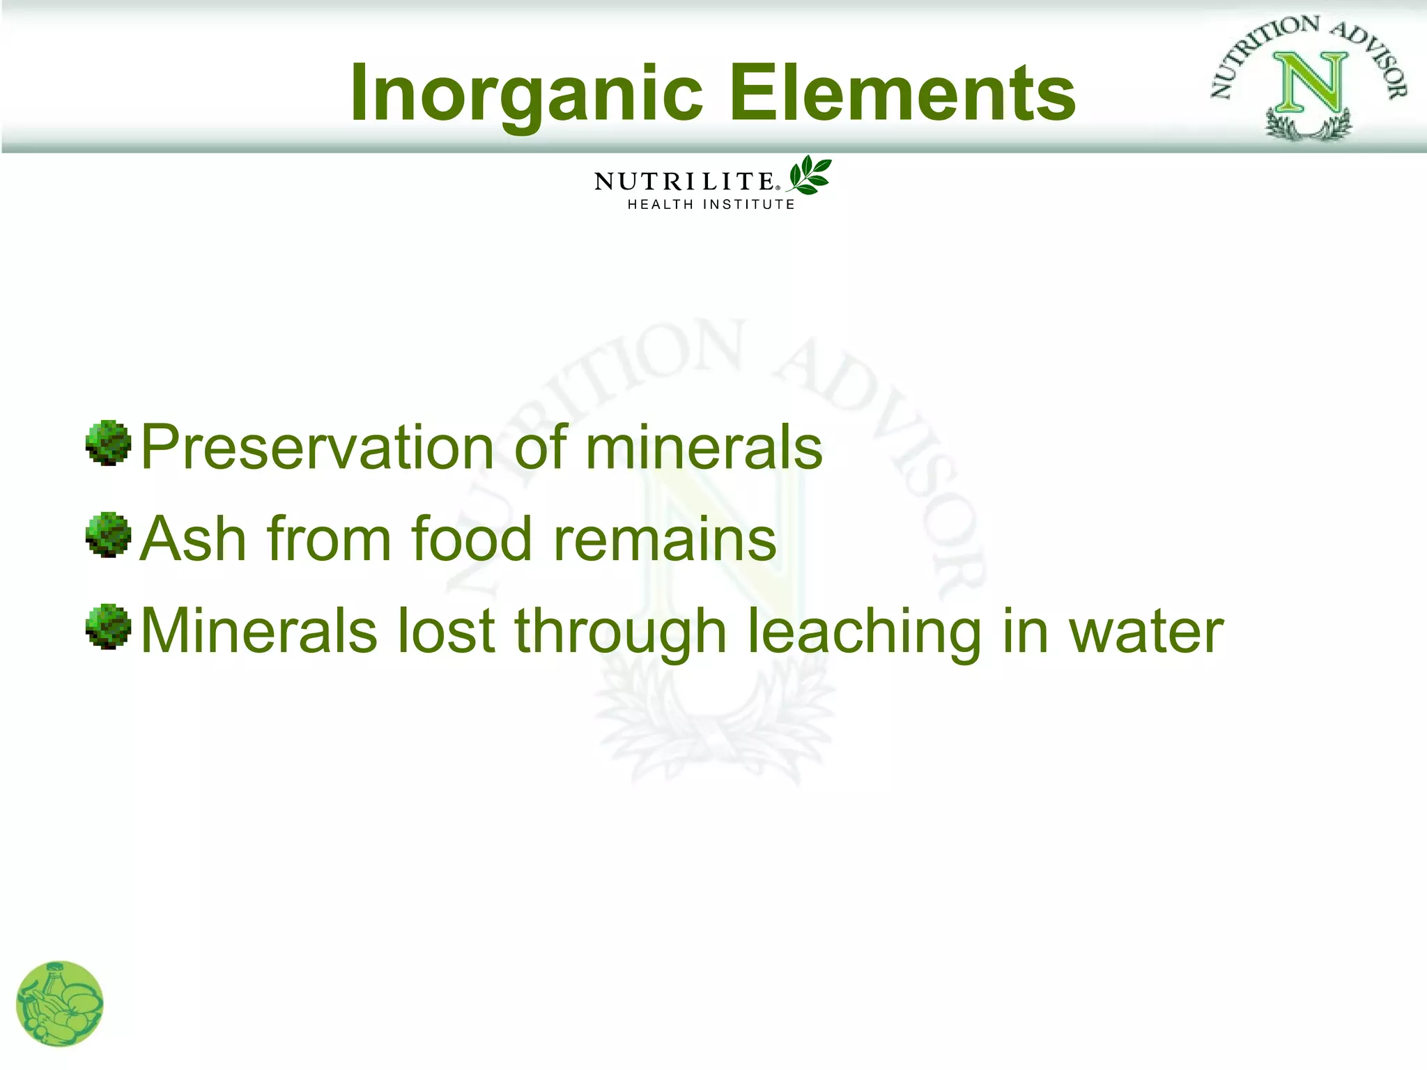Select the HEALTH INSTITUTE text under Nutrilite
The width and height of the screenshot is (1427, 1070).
click(711, 205)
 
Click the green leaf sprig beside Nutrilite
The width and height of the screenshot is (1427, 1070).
click(810, 175)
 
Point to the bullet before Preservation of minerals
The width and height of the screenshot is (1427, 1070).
click(108, 443)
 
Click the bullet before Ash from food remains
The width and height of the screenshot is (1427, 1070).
click(108, 535)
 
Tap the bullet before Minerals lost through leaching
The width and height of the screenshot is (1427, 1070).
click(108, 627)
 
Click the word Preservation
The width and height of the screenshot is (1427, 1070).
click(317, 447)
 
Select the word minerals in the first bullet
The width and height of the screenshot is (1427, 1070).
click(704, 447)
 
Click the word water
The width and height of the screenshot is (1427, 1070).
click(1146, 632)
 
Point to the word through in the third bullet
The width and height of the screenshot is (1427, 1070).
click(621, 633)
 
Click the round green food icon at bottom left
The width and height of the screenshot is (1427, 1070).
click(60, 1004)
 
